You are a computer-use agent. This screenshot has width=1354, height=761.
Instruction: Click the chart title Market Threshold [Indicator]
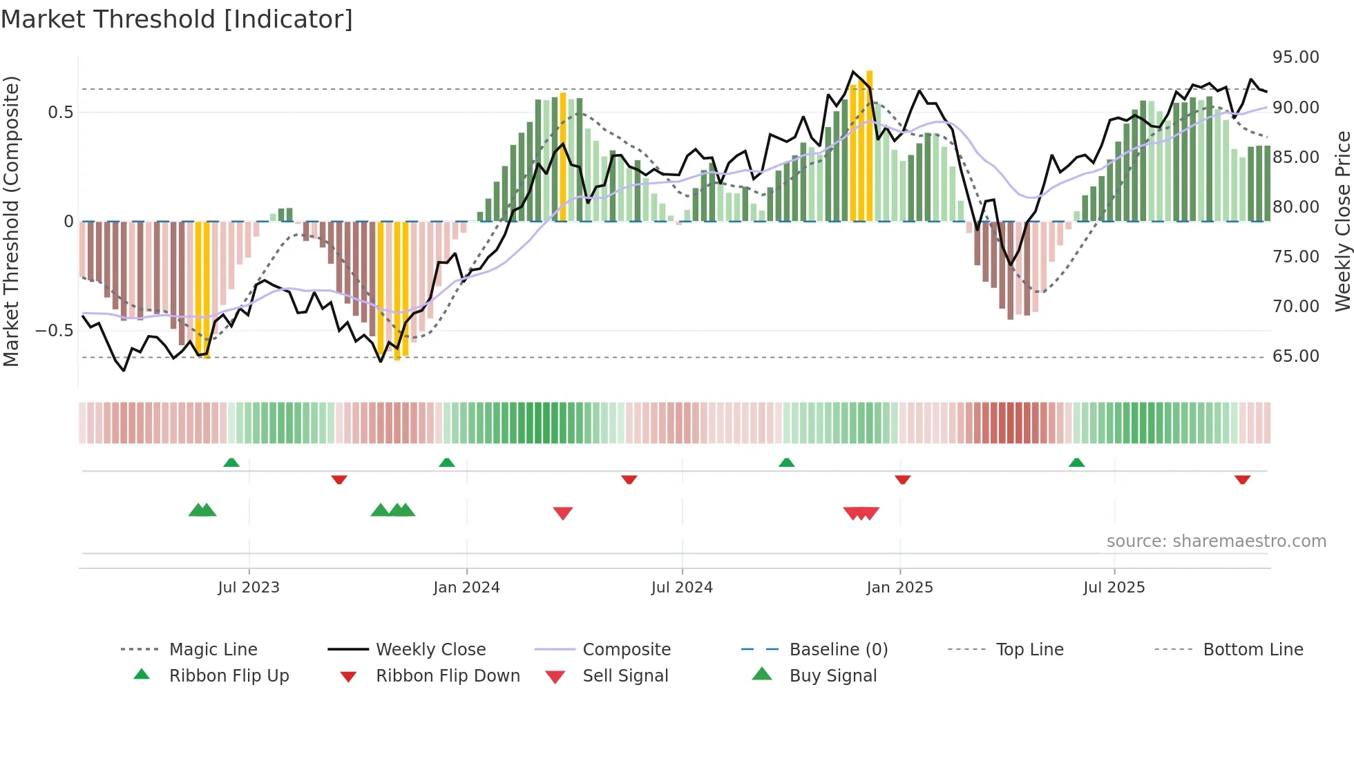point(177,19)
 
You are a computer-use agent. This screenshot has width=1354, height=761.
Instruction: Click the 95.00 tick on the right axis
point(1295,57)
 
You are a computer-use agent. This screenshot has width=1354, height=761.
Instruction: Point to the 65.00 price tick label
point(1295,356)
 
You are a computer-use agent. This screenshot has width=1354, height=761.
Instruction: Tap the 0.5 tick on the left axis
point(61,113)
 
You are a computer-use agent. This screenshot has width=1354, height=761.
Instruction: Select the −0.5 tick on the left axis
point(55,331)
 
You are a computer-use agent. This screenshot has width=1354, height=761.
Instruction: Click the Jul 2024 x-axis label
point(681,588)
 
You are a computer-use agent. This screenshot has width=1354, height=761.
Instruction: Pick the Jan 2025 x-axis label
point(899,588)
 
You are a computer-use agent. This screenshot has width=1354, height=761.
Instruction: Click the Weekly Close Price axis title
point(1342,221)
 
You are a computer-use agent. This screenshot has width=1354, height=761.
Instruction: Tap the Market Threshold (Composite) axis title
point(11,221)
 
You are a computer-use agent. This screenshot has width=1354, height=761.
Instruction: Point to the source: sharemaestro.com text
point(1216,541)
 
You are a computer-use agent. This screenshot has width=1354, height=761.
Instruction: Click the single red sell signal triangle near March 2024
point(563,513)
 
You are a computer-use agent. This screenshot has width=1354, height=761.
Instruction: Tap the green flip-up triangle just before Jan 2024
point(447,463)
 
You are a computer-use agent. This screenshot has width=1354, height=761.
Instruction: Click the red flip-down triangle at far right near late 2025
point(1242,479)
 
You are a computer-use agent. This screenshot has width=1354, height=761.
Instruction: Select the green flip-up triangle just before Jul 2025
point(1076,463)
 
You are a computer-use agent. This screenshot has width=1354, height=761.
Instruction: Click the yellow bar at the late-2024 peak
point(869,145)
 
